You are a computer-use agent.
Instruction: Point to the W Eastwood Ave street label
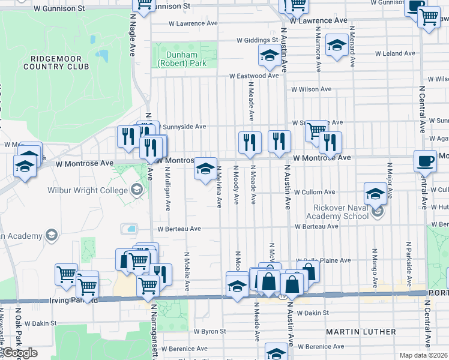coord(254,76)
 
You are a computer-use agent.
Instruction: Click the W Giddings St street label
coord(257,41)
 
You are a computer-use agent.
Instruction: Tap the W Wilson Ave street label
coord(311,89)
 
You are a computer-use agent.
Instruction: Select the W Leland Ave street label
coord(395,53)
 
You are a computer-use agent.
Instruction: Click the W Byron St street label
coord(209,331)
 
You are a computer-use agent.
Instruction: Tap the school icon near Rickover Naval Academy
coord(375,194)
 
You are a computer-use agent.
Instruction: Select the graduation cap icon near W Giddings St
coord(269,56)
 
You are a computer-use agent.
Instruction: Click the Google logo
coord(20,353)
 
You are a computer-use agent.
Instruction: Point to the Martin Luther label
coord(361,331)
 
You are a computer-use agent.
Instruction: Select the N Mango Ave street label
coord(375,265)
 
